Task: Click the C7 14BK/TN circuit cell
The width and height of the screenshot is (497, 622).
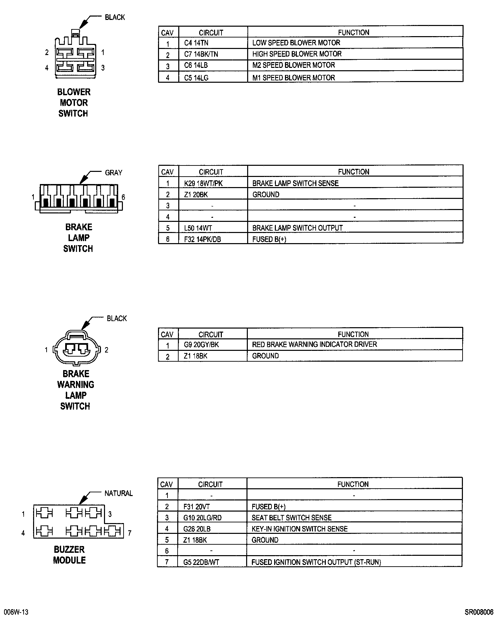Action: (x=201, y=54)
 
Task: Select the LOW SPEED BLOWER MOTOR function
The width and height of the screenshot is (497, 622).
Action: (x=296, y=43)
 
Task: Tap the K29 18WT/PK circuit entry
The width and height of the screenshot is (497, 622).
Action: (x=203, y=183)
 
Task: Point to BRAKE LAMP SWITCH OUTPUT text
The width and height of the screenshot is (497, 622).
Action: (x=297, y=228)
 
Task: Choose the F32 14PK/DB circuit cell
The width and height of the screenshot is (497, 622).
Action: (x=203, y=239)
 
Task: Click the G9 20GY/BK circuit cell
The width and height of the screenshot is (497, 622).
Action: (x=201, y=345)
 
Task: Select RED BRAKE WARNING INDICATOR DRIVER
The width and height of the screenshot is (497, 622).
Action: (x=314, y=344)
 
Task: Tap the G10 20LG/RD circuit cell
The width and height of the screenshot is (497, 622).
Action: (x=202, y=518)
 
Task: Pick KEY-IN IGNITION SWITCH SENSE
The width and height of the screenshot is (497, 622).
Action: (x=299, y=529)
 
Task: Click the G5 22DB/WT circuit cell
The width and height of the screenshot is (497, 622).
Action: (x=201, y=562)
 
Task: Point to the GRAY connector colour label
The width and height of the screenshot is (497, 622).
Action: (x=113, y=173)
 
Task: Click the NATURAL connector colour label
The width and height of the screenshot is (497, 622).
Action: (x=119, y=493)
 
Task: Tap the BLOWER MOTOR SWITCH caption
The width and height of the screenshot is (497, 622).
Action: (x=74, y=103)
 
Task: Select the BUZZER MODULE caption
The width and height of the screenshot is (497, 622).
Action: (x=69, y=555)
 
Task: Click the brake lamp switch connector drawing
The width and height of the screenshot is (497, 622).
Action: (x=79, y=199)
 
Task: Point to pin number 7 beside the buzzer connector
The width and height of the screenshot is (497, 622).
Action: (x=129, y=534)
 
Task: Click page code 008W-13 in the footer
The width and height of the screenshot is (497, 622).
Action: (x=17, y=612)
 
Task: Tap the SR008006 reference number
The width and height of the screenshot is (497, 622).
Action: (x=479, y=612)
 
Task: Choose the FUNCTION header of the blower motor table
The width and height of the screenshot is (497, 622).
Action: (x=354, y=32)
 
